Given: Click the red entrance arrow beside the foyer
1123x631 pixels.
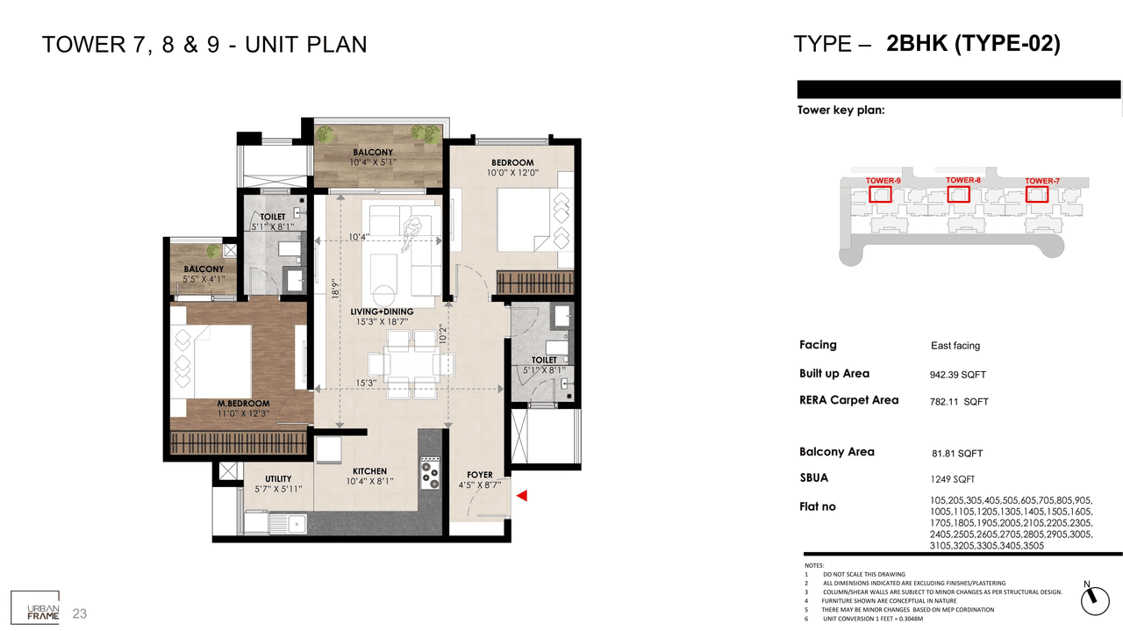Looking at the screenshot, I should [x=521, y=497].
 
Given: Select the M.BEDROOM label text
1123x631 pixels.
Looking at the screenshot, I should [x=243, y=404].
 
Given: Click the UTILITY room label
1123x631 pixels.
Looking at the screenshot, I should [x=278, y=479].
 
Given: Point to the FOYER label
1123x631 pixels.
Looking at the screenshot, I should [x=480, y=475].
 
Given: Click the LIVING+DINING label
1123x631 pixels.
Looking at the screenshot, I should [x=382, y=312].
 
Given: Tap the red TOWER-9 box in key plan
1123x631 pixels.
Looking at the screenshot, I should [x=880, y=193].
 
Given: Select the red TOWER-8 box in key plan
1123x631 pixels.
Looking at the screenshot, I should [x=958, y=193].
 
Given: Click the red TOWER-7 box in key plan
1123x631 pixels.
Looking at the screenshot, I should [x=1037, y=193].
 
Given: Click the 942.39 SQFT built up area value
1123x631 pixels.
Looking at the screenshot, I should [x=957, y=375].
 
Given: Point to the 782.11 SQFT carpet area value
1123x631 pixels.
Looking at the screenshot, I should [x=958, y=402].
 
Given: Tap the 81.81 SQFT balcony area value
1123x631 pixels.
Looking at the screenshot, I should [x=956, y=454].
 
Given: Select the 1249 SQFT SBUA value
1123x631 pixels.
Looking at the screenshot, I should [x=952, y=479].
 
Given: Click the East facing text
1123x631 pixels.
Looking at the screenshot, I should [x=955, y=346].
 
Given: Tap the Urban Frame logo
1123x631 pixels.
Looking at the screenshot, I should [x=35, y=606].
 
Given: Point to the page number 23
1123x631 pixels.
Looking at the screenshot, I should [x=80, y=613].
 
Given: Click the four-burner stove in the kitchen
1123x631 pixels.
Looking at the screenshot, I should [x=430, y=473].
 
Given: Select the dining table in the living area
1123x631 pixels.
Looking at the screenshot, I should [x=400, y=362].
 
